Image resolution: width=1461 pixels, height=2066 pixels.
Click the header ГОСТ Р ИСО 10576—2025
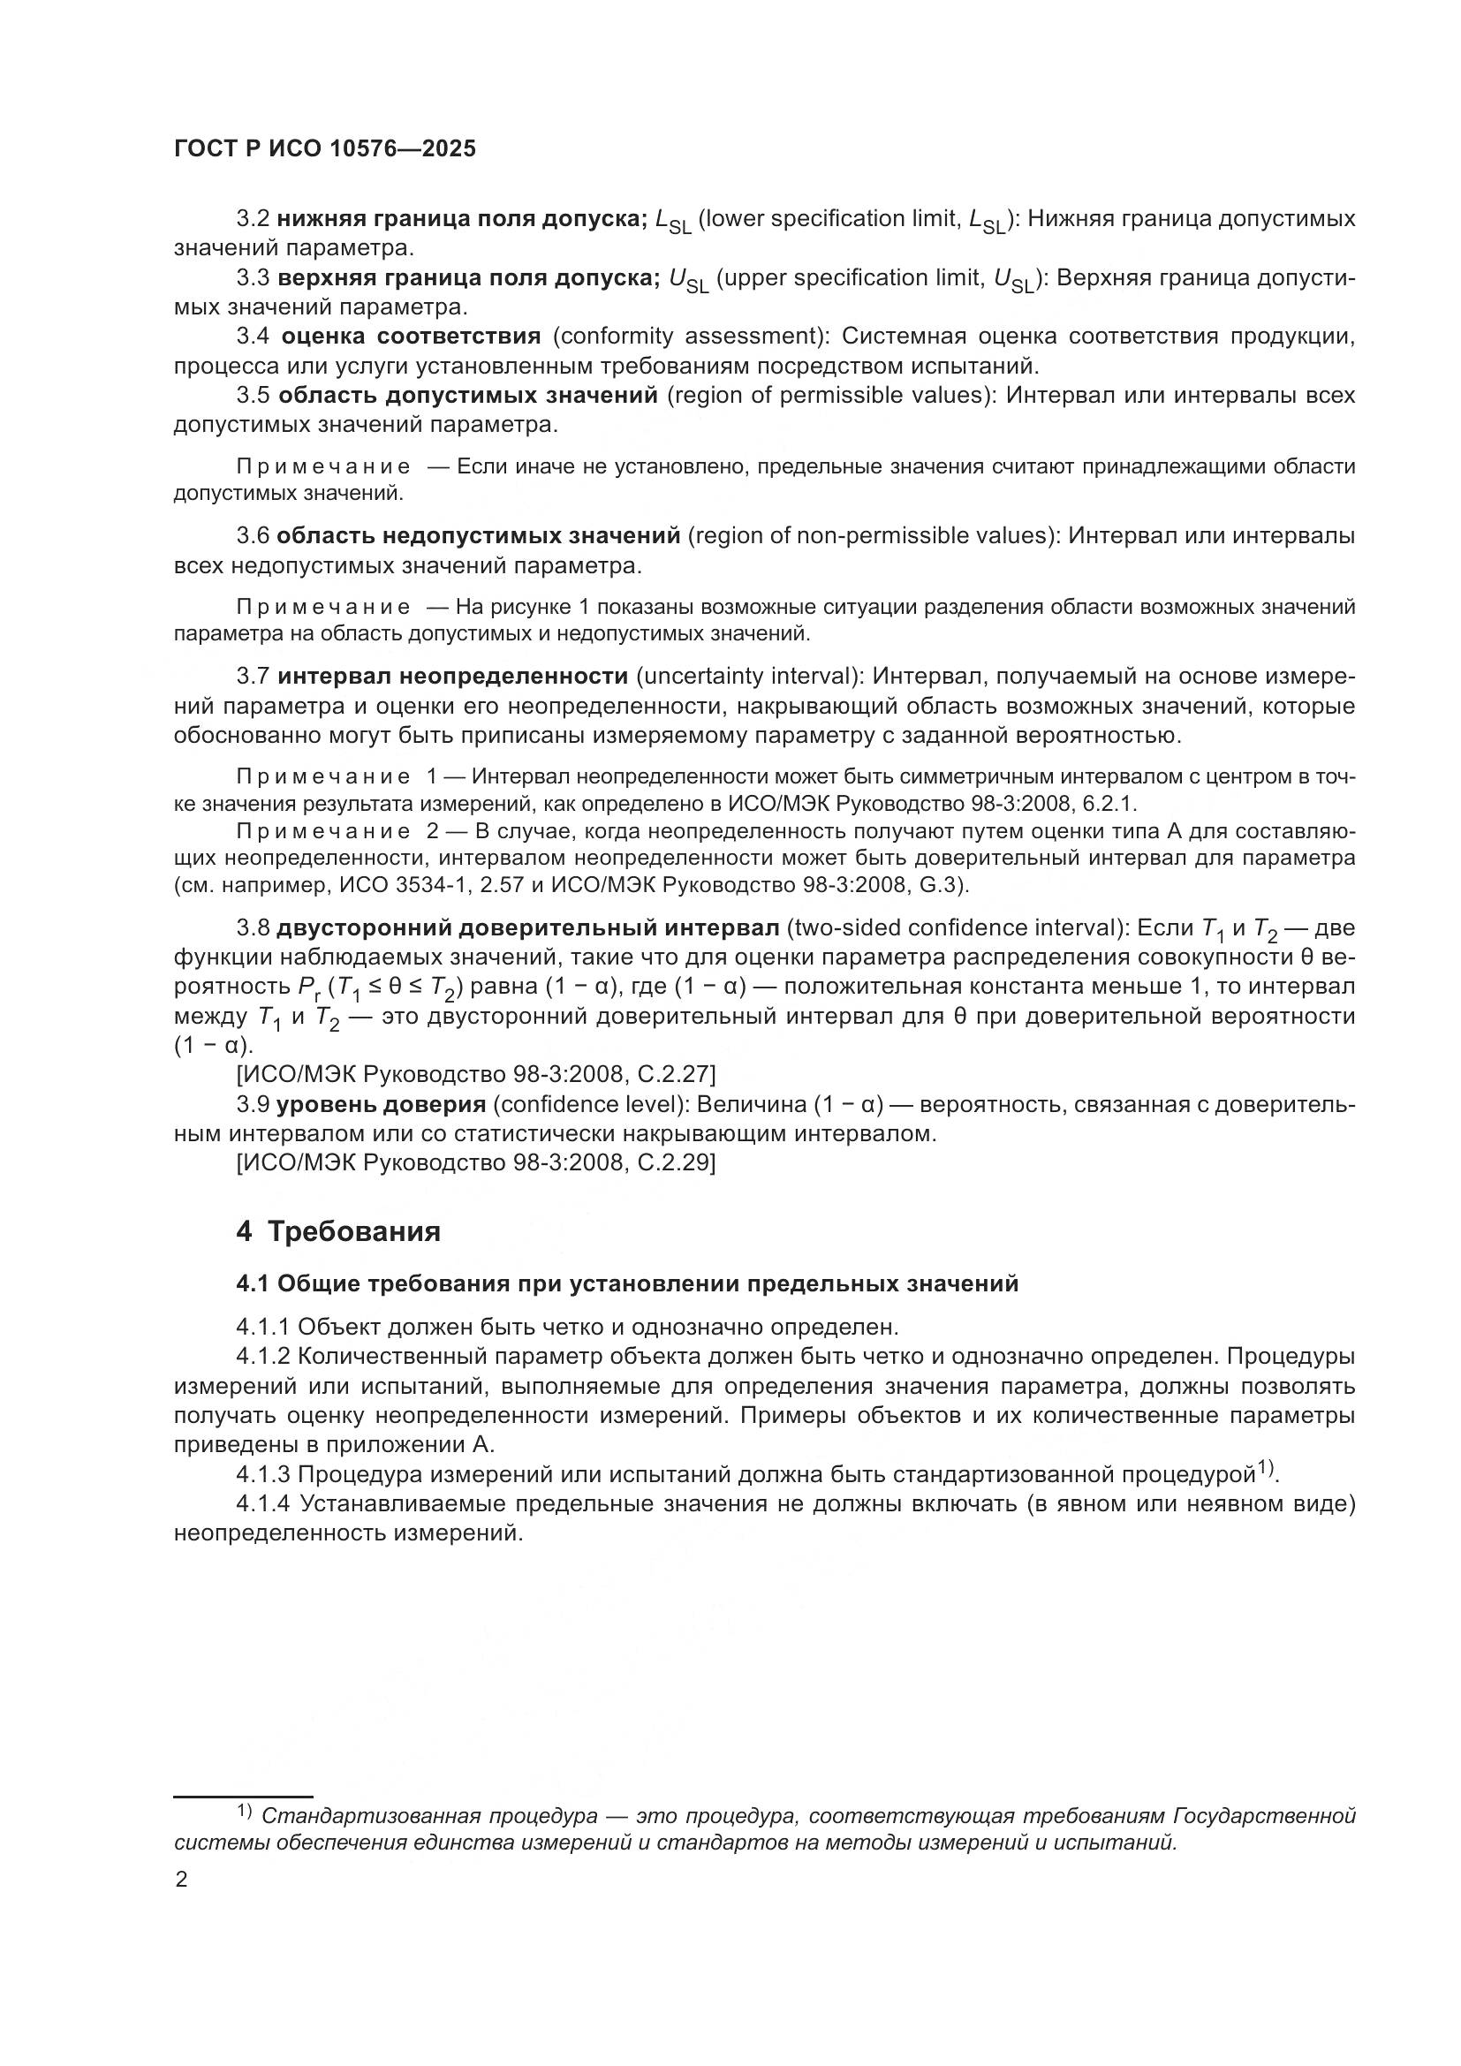click(x=325, y=148)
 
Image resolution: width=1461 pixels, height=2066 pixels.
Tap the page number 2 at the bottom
click(x=181, y=1880)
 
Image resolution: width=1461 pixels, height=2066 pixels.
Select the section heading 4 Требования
click(x=338, y=1231)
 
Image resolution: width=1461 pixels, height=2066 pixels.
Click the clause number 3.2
click(x=253, y=219)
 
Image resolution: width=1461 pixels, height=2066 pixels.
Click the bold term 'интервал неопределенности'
click(x=452, y=676)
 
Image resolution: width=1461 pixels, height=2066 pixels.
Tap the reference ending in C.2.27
click(x=476, y=1073)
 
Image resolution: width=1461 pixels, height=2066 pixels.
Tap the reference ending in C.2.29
click(x=476, y=1162)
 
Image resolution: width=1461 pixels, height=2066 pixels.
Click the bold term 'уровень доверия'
click(x=382, y=1104)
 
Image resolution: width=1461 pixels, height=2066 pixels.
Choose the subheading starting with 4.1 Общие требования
click(x=627, y=1283)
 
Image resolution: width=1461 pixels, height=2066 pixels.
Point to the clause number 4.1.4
click(x=263, y=1504)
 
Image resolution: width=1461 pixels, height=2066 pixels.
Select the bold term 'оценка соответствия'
click(x=411, y=337)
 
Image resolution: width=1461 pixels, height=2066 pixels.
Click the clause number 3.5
click(x=253, y=395)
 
